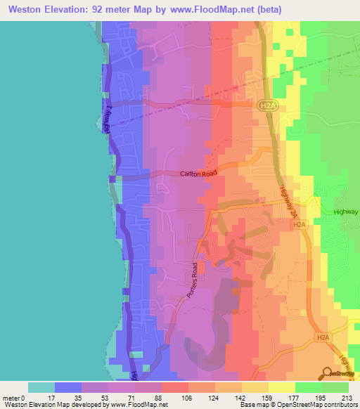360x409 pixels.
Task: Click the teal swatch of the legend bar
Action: (41, 387)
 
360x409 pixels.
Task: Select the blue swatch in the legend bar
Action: (68, 387)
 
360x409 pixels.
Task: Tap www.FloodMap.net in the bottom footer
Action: (138, 405)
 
